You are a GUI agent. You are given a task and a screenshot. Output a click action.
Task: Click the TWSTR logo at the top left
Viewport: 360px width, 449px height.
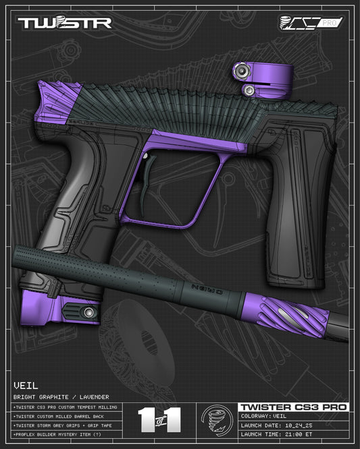tap(64, 23)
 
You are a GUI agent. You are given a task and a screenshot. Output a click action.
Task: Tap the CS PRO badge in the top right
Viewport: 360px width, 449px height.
tap(311, 22)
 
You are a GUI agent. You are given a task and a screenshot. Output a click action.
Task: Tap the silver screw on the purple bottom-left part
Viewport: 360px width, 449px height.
tap(87, 311)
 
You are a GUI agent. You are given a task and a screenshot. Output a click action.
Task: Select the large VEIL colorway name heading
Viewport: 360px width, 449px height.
tap(25, 386)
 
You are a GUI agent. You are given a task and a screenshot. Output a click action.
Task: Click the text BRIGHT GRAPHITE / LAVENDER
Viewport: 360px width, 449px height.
tap(61, 397)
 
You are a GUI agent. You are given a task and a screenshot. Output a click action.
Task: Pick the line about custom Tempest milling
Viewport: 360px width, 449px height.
tap(64, 408)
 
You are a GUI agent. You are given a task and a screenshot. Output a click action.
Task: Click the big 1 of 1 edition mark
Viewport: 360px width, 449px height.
tap(159, 419)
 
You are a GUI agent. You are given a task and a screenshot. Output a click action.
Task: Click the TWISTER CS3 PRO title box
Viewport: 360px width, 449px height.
tap(294, 407)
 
